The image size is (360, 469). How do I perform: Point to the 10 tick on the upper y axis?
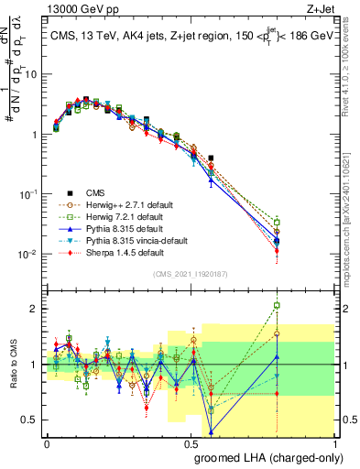point(33,74)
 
